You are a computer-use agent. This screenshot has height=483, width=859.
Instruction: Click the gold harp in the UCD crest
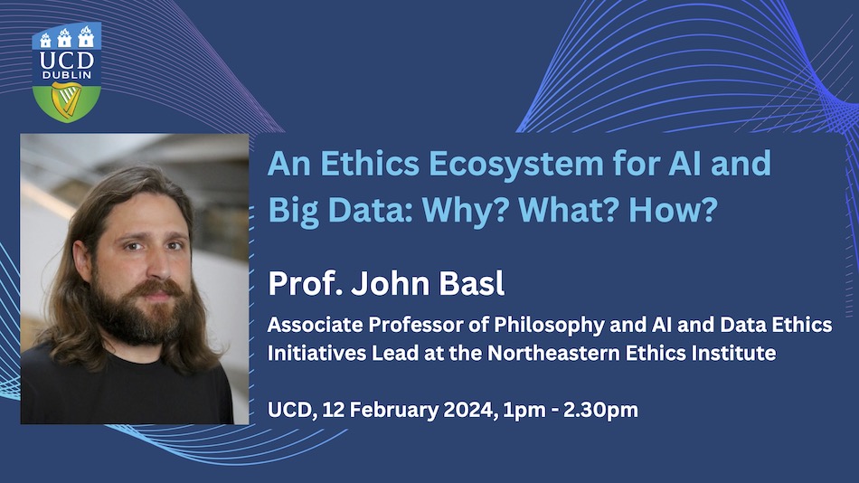[66, 99]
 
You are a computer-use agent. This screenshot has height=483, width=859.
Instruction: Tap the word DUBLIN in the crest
[67, 74]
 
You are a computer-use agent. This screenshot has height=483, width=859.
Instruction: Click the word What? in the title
[569, 209]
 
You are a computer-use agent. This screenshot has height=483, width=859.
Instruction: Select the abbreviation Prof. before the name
[305, 283]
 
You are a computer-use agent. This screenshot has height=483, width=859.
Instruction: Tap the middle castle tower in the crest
[64, 38]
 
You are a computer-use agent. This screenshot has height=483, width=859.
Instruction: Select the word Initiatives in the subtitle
[316, 353]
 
